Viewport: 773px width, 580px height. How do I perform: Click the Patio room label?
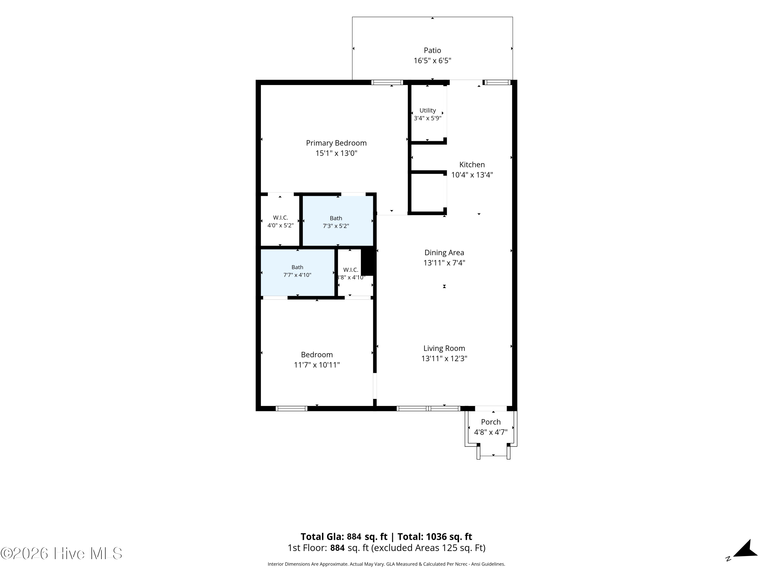[432, 50]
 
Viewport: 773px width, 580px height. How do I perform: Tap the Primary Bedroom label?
[336, 143]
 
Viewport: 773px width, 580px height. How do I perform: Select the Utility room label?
[427, 111]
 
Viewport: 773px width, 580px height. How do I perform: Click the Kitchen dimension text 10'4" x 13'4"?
[472, 175]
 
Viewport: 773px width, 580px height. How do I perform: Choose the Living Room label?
[444, 349]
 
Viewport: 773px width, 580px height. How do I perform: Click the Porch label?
[491, 422]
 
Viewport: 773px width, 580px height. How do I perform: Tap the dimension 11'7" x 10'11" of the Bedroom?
[317, 365]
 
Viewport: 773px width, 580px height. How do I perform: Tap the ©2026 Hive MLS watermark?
[61, 553]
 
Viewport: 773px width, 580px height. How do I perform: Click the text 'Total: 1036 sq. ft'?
[434, 537]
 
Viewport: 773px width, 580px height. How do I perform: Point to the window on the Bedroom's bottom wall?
[291, 408]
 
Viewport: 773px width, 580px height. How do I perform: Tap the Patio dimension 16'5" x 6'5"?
[432, 61]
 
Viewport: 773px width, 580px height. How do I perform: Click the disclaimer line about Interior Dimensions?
[386, 564]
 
